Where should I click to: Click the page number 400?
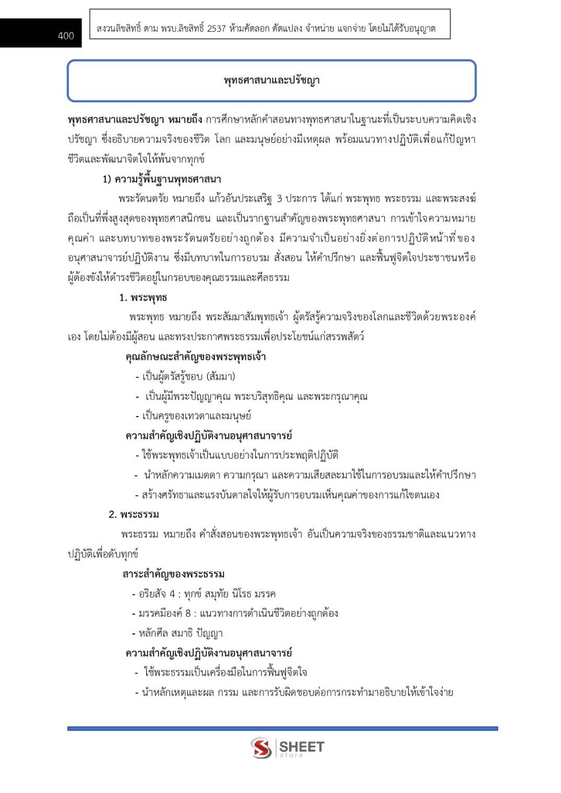[66, 35]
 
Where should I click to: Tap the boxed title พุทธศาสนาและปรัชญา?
[271, 80]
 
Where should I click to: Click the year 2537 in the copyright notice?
[216, 29]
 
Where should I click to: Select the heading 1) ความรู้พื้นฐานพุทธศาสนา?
[162, 179]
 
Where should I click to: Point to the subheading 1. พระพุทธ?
[143, 298]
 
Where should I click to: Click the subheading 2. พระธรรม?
[134, 515]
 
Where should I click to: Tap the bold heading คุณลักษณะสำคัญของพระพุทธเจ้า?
[196, 357]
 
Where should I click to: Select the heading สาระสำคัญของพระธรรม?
[174, 574]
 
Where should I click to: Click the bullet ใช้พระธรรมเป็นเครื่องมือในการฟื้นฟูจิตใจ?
[224, 673]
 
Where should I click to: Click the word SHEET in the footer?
[302, 747]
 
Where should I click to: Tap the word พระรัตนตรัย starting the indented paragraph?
[143, 199]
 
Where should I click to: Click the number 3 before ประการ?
[279, 199]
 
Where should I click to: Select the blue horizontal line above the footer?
[282, 728]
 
